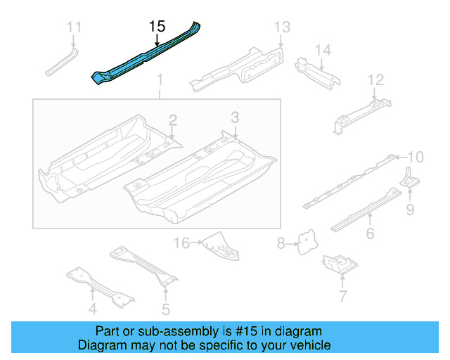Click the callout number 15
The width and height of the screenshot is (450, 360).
tap(157, 27)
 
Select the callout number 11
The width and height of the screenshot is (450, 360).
tap(75, 27)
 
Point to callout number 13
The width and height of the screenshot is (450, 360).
tap(281, 27)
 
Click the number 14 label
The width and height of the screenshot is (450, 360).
tap(323, 50)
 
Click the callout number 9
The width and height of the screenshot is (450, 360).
tap(410, 209)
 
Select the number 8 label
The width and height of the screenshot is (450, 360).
tap(281, 244)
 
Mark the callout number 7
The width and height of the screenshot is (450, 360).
tap(342, 296)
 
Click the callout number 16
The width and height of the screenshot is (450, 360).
tap(181, 243)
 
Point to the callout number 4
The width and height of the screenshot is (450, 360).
tap(92, 308)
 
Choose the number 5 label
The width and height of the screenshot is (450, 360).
tap(165, 308)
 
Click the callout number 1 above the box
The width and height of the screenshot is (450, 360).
tap(160, 79)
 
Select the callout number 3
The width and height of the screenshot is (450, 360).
tap(236, 117)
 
